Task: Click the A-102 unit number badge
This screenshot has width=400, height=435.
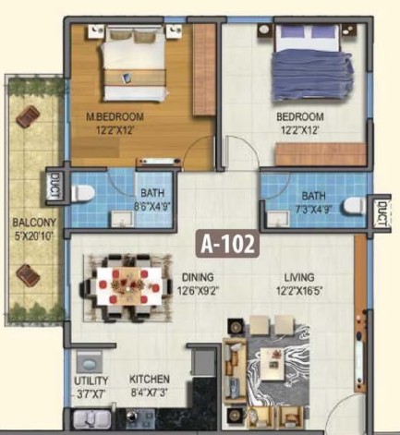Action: click(x=227, y=244)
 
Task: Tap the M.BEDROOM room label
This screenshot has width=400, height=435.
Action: click(x=115, y=117)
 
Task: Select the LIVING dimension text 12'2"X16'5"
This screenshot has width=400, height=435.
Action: click(x=299, y=291)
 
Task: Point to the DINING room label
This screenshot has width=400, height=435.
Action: click(x=198, y=277)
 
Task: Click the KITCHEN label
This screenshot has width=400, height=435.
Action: click(x=150, y=379)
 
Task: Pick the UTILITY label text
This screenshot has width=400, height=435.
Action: click(x=91, y=381)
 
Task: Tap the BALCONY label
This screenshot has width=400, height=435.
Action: click(x=34, y=223)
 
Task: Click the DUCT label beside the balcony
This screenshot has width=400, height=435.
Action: click(x=55, y=186)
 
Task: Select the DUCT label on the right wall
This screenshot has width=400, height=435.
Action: click(x=382, y=214)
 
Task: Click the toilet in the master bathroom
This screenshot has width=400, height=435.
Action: click(x=82, y=194)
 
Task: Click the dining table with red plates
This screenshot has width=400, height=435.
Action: click(x=129, y=286)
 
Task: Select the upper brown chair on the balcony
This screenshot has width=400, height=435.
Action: click(x=29, y=116)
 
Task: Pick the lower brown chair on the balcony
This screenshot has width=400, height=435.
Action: click(x=29, y=275)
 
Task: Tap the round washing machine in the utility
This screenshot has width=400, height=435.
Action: click(x=90, y=364)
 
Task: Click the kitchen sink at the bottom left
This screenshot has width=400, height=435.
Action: click(x=91, y=419)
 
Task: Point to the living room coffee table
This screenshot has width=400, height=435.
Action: click(x=273, y=364)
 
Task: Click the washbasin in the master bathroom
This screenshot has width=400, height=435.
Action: click(x=122, y=219)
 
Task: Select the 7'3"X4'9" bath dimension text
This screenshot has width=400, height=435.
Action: click(x=313, y=210)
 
